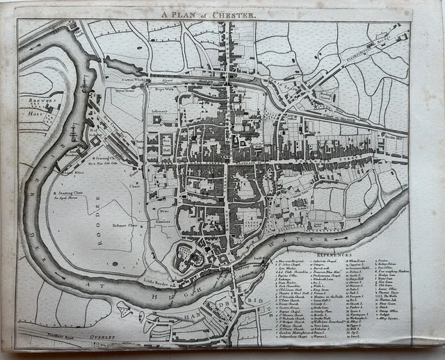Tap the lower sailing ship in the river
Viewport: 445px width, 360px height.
pos(74,131)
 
